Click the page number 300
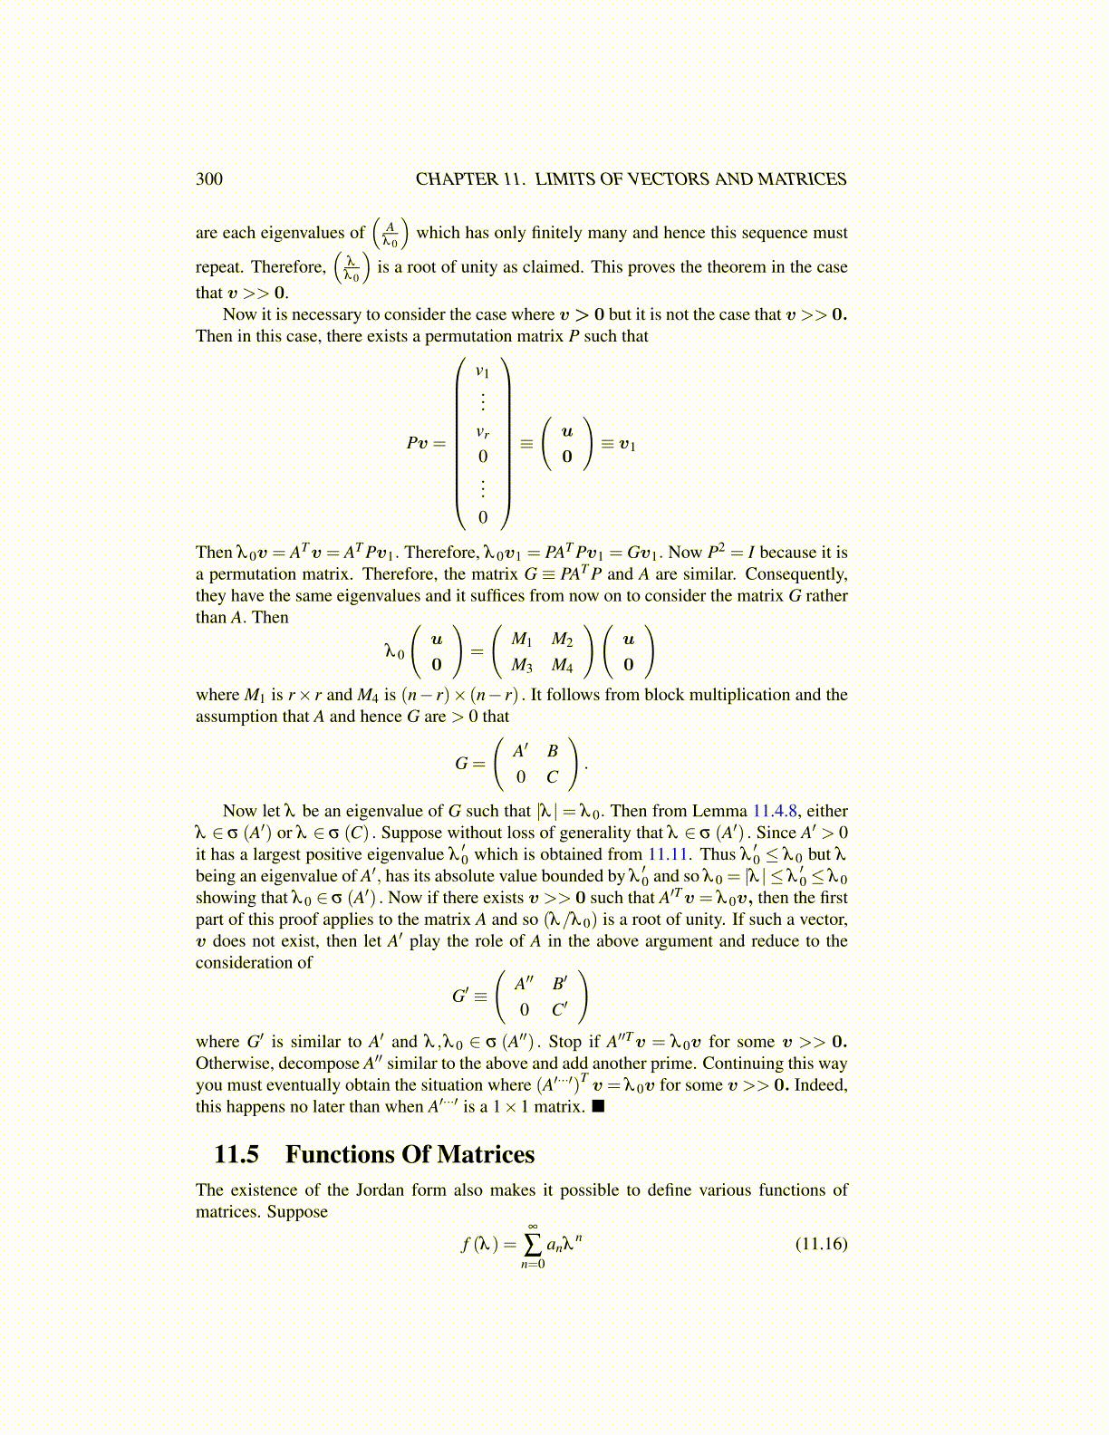click(208, 178)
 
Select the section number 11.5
click(236, 1154)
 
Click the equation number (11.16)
click(821, 1243)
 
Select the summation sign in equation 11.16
click(534, 1243)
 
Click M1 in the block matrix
click(521, 640)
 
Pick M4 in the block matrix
click(562, 666)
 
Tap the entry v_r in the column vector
click(483, 433)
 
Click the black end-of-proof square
click(597, 1106)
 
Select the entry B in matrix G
click(552, 751)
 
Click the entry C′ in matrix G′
click(559, 1008)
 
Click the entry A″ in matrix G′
click(525, 983)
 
